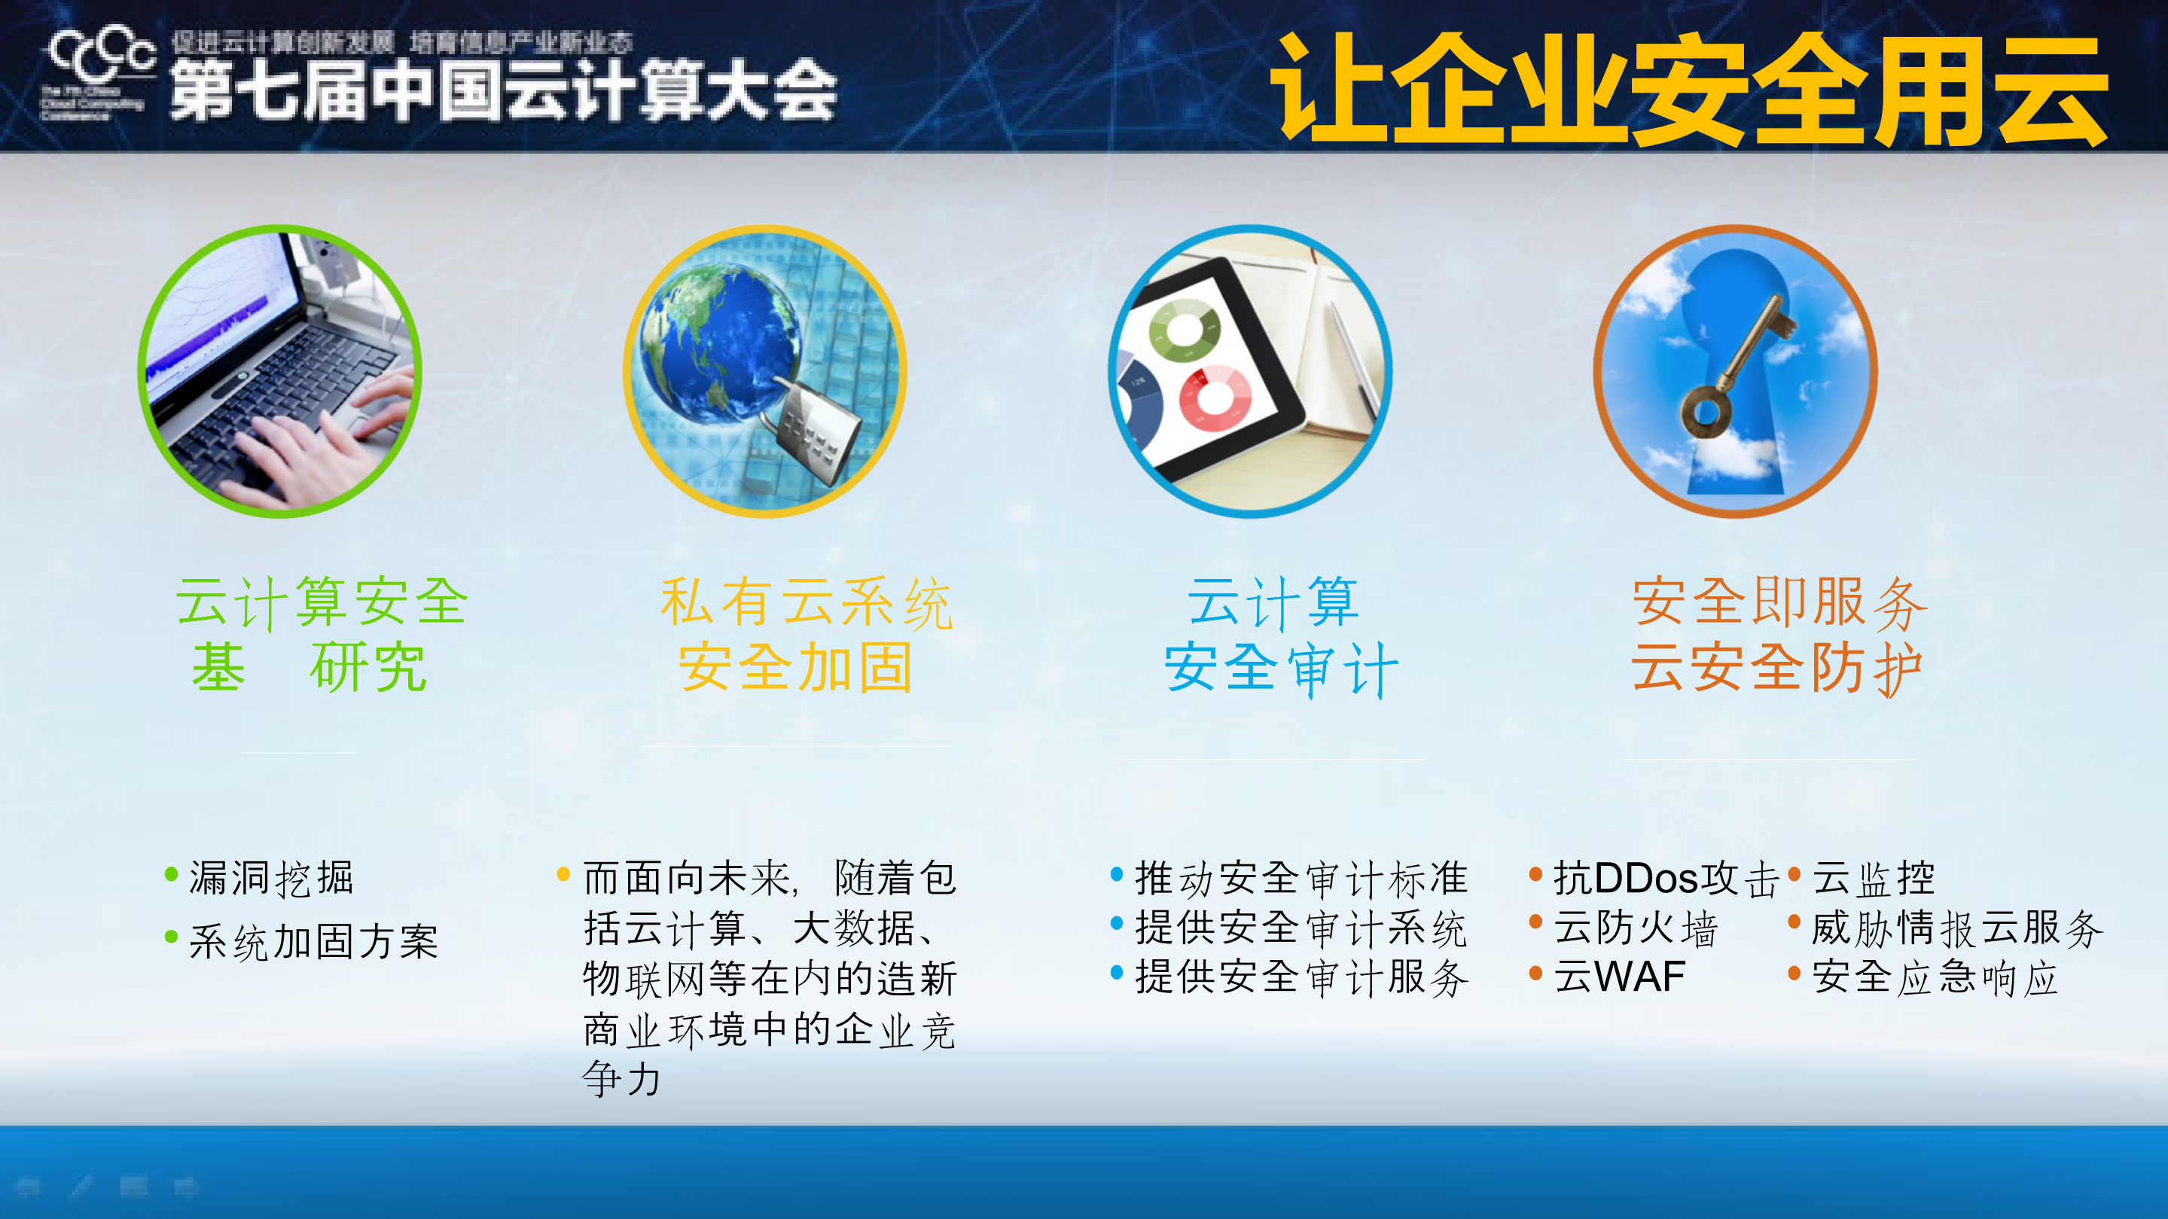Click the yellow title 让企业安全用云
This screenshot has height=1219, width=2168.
click(1691, 91)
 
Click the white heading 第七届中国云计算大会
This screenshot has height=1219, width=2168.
click(503, 91)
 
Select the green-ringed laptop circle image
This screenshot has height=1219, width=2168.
click(279, 371)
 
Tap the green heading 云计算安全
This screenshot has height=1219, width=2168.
click(322, 602)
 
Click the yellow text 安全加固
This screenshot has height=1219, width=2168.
click(795, 667)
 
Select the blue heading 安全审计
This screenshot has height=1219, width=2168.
click(1281, 669)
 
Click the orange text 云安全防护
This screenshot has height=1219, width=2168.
click(1776, 667)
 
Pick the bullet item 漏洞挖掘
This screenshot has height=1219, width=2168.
click(271, 878)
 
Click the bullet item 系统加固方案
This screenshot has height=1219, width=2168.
click(313, 941)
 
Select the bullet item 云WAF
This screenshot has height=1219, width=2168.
click(1618, 977)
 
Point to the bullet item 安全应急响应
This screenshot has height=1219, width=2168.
click(1934, 977)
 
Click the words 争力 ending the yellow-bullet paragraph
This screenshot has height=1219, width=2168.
click(621, 1078)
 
